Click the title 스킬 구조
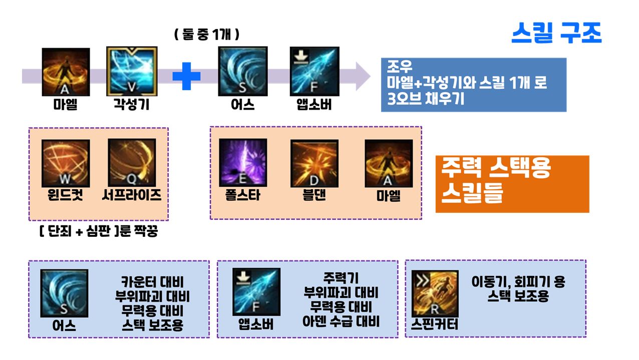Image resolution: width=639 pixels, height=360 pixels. tap(556, 34)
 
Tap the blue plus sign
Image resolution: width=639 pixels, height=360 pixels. tap(186, 76)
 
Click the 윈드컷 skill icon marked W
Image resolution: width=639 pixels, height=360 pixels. tap(66, 163)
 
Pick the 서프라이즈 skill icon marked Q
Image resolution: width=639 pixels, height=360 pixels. tap(132, 163)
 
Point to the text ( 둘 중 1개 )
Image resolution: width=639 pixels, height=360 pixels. tap(206, 35)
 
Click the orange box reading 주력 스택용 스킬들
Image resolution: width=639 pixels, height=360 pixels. tap(512, 184)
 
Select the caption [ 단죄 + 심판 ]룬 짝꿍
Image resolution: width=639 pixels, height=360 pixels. tap(98, 232)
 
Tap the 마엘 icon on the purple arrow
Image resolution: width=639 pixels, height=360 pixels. tap(66, 72)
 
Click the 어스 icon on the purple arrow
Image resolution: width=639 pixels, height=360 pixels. tap(243, 72)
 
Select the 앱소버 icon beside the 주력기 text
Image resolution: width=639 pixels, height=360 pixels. tap(256, 292)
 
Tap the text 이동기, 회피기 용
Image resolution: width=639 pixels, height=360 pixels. tap(518, 281)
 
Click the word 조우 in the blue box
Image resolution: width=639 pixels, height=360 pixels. tap(396, 67)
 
